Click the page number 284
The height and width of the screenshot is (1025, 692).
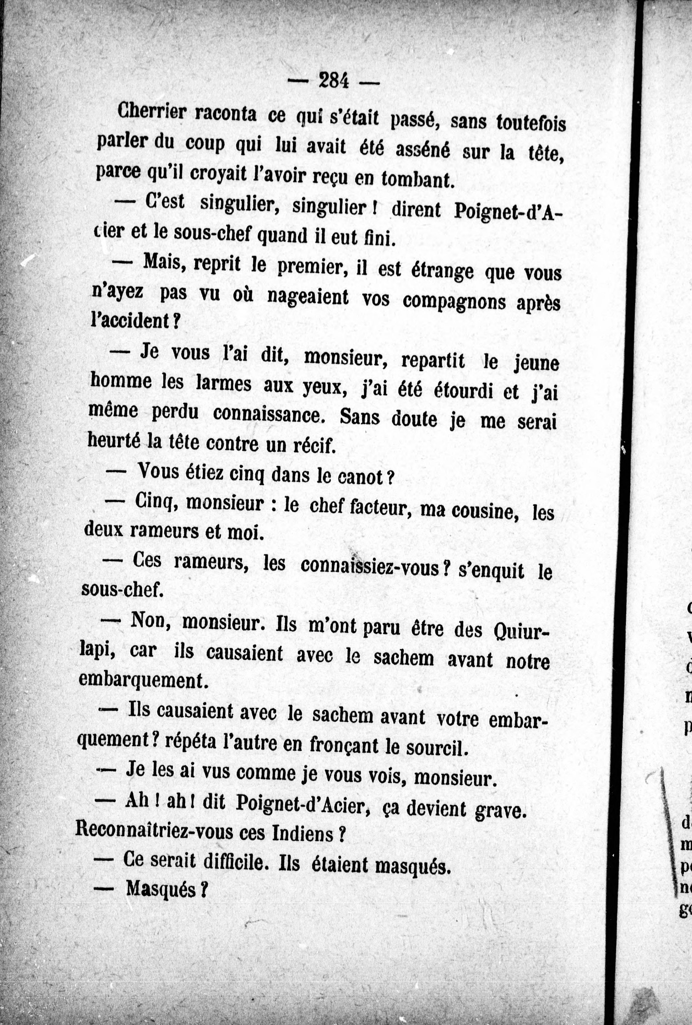334,81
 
